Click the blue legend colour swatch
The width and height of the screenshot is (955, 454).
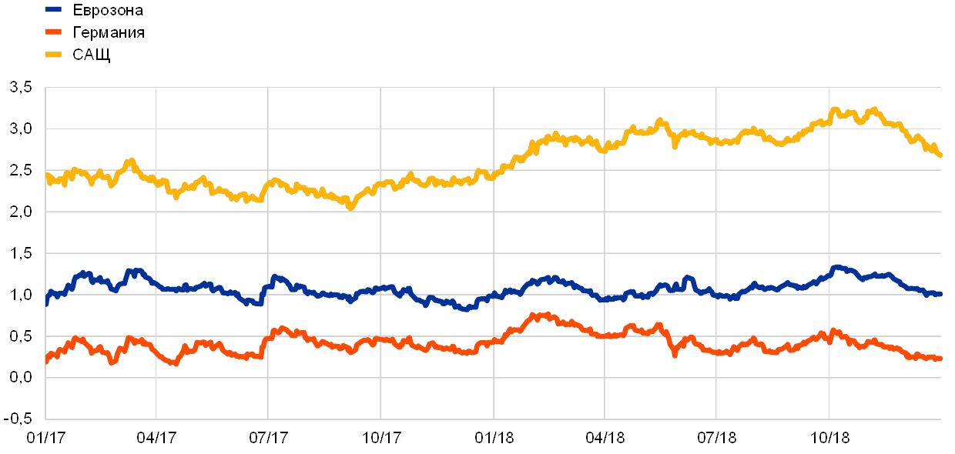(53, 9)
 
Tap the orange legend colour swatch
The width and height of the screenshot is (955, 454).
(53, 32)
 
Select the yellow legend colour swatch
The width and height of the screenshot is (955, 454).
(53, 54)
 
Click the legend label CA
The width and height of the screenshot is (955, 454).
(83, 55)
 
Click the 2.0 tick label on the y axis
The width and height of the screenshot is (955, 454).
(22, 212)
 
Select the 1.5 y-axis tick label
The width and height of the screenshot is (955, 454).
(22, 253)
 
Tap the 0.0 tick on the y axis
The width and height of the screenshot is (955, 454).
(22, 378)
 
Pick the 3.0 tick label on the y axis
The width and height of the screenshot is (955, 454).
(22, 129)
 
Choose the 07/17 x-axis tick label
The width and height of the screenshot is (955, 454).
(269, 438)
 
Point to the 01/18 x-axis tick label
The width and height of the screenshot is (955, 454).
(493, 438)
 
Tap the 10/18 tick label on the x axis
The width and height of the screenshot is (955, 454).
(829, 438)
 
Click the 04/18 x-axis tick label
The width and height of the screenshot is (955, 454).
(605, 438)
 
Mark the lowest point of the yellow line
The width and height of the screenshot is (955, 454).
(350, 207)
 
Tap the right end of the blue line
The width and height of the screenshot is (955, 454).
(940, 294)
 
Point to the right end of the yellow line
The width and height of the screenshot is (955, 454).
(940, 155)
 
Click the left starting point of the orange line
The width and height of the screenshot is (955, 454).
(47, 360)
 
